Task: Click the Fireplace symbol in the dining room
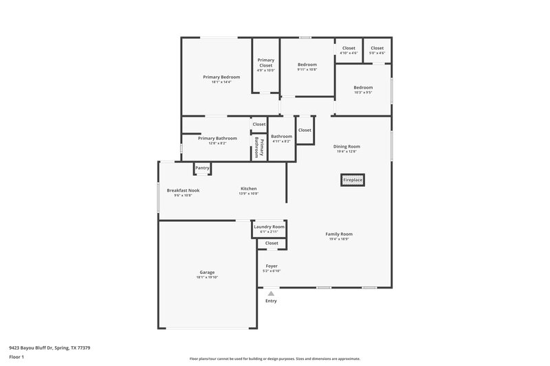coord(353,180)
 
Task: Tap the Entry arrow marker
coord(271,293)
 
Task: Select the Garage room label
coord(207,273)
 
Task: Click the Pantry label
coord(202,168)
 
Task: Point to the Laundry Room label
coord(269,227)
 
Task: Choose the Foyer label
coord(271,266)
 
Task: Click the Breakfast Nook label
coord(183,190)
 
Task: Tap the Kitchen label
coord(248,189)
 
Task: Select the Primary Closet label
coord(265,62)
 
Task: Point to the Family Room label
coord(339,234)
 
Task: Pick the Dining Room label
coord(346,146)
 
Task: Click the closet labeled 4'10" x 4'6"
coord(349,53)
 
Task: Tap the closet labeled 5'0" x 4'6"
coord(377,53)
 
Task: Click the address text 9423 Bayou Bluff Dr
coord(49,347)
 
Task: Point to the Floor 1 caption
coord(16,358)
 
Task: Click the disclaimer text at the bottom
coord(275,358)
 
